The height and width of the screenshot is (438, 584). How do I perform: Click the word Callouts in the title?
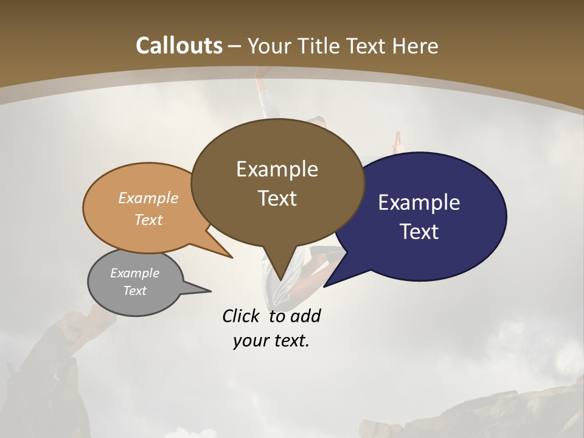pos(179,46)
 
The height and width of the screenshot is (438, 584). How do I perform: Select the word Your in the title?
pos(269,46)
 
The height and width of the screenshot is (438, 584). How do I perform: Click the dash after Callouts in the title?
pos(235,46)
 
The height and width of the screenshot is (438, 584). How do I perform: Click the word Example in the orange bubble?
pos(148,198)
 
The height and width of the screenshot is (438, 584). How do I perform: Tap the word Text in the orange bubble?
pos(148,220)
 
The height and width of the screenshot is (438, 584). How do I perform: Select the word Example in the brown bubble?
pos(277,169)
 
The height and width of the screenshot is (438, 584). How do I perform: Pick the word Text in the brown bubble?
pos(277,198)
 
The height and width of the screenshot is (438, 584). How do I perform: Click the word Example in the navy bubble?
pos(419,203)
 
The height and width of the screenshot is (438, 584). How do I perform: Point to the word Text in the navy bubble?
pos(419,232)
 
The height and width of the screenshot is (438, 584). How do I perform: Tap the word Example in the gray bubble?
pos(134,273)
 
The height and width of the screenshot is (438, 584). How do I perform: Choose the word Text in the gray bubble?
pos(134,291)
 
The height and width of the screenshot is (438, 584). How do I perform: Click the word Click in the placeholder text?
pos(240,316)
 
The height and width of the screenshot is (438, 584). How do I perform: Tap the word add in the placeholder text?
pos(305,316)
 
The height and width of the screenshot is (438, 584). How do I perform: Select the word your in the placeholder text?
pos(249,341)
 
